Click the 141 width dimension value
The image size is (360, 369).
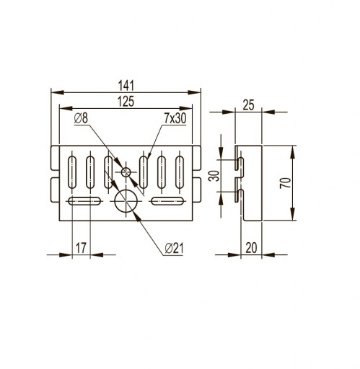[x=126, y=86]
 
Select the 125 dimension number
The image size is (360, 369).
[x=126, y=102]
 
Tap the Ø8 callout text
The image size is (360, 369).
[x=82, y=118]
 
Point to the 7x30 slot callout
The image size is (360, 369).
[x=175, y=118]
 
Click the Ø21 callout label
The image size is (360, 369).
[x=175, y=249]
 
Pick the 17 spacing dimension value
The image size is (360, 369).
[x=81, y=248]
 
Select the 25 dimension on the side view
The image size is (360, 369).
[x=248, y=105]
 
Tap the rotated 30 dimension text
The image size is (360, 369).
[x=214, y=176]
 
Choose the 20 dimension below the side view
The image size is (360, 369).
[x=251, y=248]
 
